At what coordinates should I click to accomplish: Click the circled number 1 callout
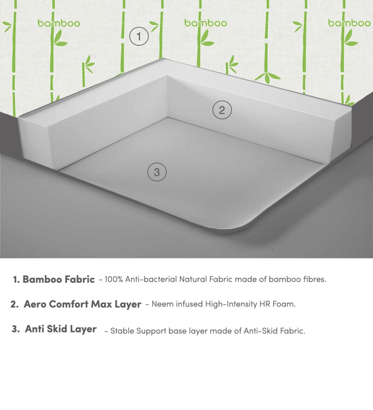coord(138,36)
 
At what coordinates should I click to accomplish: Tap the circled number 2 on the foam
coord(222,110)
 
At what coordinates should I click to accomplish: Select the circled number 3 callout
coord(157,172)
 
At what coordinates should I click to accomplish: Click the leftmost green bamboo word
coord(59,23)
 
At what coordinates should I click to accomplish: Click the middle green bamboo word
coord(206,23)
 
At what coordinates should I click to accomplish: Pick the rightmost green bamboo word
coord(349,23)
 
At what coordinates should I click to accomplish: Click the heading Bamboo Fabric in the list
coord(59,280)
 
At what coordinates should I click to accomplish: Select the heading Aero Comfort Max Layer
coord(83,304)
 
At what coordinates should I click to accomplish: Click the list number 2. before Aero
coord(15,305)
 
